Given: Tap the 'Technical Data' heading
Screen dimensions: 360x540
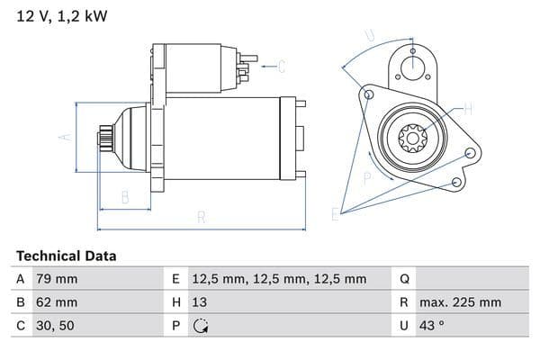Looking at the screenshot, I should (66, 256).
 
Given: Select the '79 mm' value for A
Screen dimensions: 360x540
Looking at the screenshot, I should (57, 279).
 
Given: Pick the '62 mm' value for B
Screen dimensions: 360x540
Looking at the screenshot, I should (57, 302).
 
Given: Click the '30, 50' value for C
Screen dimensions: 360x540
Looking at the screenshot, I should (53, 326).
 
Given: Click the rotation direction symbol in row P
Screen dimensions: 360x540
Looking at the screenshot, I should (202, 326).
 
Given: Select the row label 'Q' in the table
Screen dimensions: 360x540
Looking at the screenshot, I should (404, 279).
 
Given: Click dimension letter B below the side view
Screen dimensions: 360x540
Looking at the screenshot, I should (125, 196).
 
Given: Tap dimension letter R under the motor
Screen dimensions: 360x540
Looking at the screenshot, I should (202, 217).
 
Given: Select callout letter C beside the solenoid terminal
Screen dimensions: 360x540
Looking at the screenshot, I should (282, 65).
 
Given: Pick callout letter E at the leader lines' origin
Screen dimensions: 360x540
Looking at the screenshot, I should (335, 214).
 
